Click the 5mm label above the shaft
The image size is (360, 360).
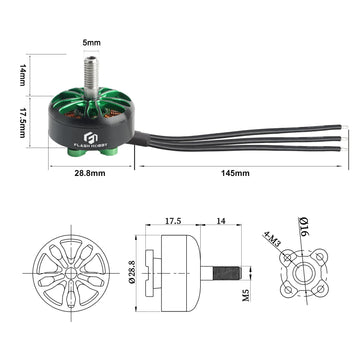coord(91,43)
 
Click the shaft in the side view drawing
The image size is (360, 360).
coord(222,271)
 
